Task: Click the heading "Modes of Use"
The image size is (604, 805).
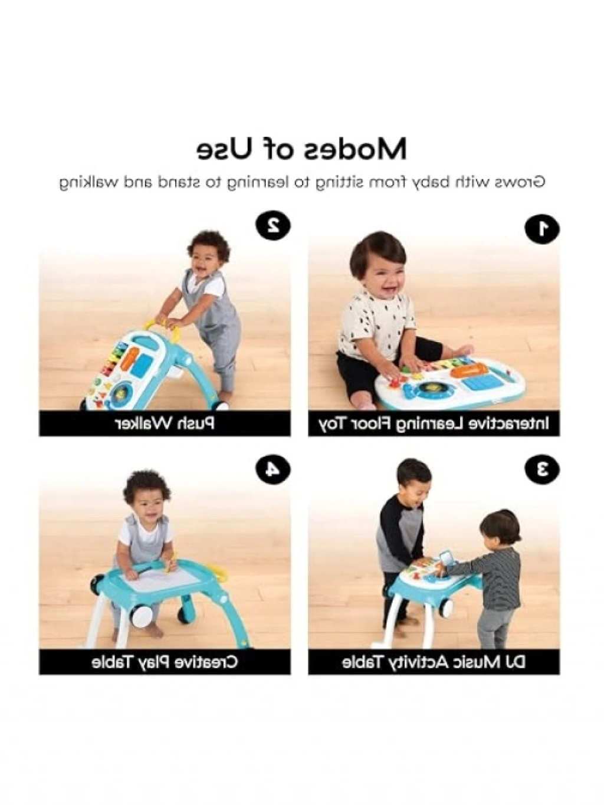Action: (302, 149)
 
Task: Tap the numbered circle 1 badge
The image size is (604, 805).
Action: (543, 228)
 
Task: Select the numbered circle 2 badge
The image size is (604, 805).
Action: (273, 225)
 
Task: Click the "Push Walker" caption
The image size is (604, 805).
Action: (165, 424)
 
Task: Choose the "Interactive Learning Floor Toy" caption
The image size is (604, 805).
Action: (434, 424)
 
